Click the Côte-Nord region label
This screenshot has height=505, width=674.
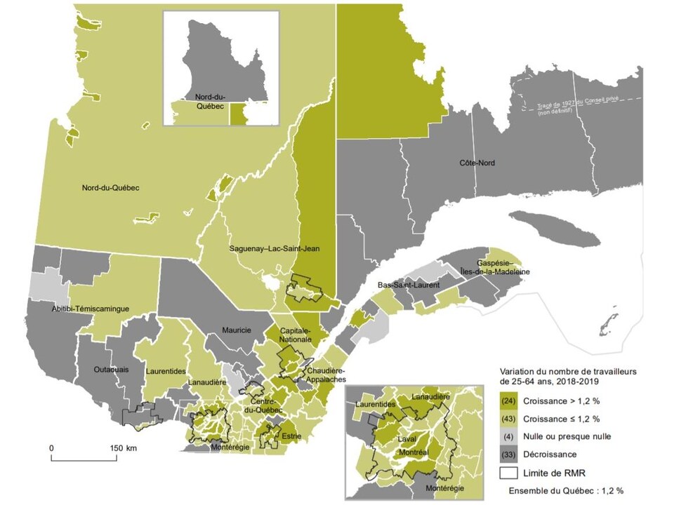477,163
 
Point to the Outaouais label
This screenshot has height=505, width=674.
112,370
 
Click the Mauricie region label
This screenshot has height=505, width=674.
237,330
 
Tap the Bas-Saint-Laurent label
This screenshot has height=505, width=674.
408,285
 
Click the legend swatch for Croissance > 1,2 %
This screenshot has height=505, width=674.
509,401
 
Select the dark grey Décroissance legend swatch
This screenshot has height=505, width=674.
509,453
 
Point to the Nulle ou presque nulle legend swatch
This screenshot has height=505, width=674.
509,436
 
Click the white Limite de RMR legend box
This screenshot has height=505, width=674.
509,471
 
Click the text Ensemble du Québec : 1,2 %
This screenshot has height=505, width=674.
567,490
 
